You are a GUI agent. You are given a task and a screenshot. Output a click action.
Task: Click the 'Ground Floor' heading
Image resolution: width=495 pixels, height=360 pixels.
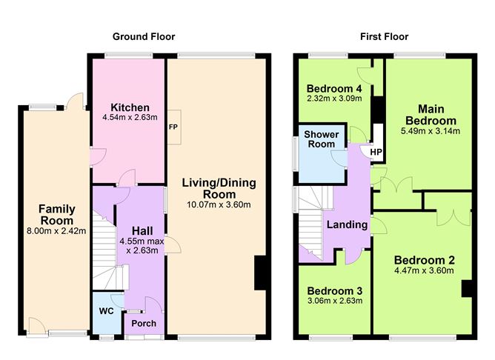pos(144,37)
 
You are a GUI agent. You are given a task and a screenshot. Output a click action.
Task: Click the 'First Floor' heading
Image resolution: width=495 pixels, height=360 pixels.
pos(384,37)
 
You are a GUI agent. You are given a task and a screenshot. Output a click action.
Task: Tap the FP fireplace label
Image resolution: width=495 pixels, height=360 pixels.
pos(173,127)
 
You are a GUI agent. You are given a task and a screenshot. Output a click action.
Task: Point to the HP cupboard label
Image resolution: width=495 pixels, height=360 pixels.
pos(376,152)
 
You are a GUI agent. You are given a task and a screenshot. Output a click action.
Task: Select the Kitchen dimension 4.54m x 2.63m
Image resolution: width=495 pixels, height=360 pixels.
pos(130,118)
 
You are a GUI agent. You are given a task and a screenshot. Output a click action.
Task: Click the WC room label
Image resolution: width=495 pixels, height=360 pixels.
pos(107,311)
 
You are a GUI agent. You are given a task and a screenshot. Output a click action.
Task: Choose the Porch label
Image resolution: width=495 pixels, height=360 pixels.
pos(144,324)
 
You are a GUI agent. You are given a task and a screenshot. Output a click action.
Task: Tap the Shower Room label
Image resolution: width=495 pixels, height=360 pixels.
pos(322,139)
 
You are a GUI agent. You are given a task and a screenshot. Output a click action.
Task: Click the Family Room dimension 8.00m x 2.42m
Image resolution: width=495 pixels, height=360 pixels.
pos(56,231)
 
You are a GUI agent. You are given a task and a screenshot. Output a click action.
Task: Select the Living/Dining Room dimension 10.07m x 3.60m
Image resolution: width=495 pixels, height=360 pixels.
pos(219,204)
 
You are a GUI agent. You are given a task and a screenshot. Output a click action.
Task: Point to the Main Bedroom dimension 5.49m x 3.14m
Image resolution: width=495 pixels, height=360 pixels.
pos(431,131)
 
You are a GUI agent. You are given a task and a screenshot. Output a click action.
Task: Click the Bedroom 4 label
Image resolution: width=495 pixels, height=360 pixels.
pos(334,89)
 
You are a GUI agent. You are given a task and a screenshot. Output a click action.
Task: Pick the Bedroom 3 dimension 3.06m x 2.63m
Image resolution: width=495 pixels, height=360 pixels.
pos(335,301)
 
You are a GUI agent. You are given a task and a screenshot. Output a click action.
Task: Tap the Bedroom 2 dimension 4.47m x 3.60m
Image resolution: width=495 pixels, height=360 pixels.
pos(424,270)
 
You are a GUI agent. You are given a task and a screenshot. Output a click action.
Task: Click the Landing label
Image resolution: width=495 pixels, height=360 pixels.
pos(347,225)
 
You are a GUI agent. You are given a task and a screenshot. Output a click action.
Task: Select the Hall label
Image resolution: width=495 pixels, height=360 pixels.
pos(142,230)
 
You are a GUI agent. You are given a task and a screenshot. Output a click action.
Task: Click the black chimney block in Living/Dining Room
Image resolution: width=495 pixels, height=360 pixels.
pos(262,273)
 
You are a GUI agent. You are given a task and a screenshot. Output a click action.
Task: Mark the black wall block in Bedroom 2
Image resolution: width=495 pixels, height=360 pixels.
pos(467,288)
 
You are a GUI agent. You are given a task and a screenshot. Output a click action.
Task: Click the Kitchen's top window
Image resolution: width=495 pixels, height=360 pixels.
pos(128,56)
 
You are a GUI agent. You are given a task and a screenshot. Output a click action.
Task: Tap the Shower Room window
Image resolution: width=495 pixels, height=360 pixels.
pos(296,154)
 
